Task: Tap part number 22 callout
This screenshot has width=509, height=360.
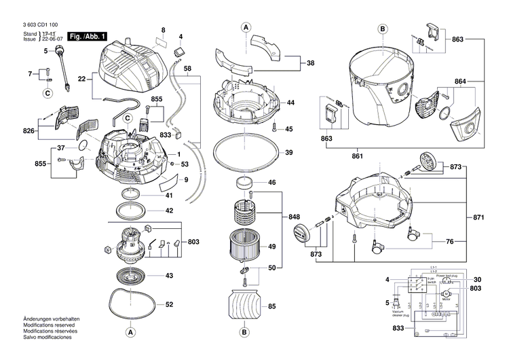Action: pos(82,79)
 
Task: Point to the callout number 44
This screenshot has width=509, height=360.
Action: pos(290,103)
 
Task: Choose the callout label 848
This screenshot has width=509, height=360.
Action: pos(294,216)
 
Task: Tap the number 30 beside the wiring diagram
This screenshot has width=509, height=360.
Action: pos(476,279)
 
